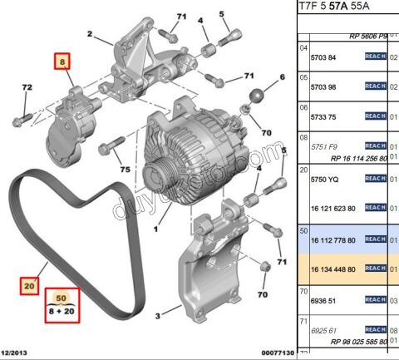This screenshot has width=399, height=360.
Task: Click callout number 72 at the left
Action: (27, 86)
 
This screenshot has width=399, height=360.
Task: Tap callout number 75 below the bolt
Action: (126, 170)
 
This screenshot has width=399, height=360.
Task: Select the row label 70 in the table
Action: (304, 293)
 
